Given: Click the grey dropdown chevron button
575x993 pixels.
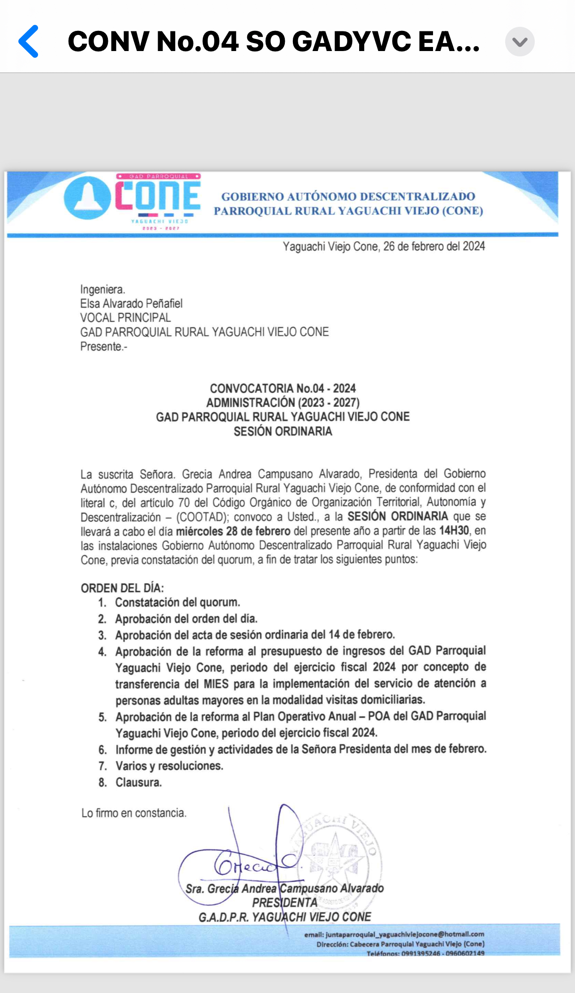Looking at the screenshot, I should click(x=519, y=42).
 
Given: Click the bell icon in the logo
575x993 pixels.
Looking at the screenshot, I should click(x=87, y=197).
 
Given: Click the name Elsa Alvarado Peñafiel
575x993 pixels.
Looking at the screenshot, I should click(x=131, y=304).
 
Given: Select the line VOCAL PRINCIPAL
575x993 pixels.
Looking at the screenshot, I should click(x=125, y=318).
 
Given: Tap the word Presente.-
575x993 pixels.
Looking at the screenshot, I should click(x=103, y=347).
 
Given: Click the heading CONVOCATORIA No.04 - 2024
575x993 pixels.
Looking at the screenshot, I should click(x=283, y=388).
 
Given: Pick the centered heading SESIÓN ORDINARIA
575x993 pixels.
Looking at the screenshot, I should click(x=283, y=431).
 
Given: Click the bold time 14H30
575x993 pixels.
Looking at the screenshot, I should click(x=454, y=531).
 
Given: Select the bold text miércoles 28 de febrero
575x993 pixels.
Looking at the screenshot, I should click(x=233, y=531).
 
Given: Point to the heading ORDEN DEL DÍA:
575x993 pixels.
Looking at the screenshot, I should click(x=122, y=588).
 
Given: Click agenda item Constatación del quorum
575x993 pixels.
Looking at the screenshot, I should click(x=177, y=603).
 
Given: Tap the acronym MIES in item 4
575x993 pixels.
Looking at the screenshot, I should click(x=216, y=684).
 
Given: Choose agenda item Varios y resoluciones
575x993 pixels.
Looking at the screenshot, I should click(x=169, y=766).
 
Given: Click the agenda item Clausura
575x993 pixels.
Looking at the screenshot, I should click(x=138, y=782).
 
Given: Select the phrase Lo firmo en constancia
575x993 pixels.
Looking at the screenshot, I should click(x=133, y=813).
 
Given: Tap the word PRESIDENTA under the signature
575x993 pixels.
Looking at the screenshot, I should click(x=284, y=903).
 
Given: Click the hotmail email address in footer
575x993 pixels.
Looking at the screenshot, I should click(x=404, y=934).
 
